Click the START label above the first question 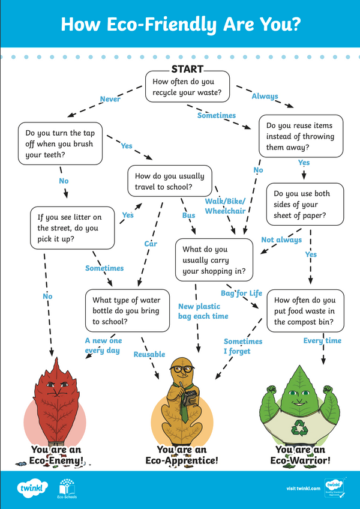pos(187,70)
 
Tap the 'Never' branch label pos(110,99)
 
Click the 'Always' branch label pos(265,96)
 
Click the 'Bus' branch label pos(188,214)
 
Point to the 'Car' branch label pos(150,244)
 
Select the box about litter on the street pos(72,227)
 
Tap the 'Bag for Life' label pos(242,293)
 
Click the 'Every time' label pos(322,340)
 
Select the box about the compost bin pos(305,311)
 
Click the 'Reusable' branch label pos(149,354)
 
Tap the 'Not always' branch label pos(281,240)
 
